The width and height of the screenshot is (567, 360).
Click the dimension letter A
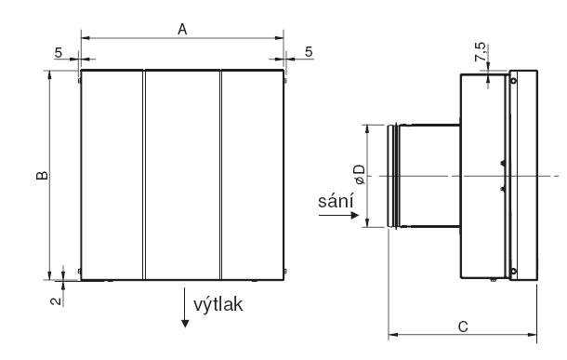click(x=182, y=30)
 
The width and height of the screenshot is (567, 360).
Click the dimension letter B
click(x=42, y=175)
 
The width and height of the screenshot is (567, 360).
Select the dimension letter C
click(x=463, y=327)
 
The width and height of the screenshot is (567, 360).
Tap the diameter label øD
click(x=360, y=174)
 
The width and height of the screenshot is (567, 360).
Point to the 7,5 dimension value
click(x=481, y=52)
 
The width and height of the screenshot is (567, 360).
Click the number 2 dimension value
click(x=56, y=300)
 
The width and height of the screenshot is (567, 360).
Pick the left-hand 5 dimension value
click(x=59, y=53)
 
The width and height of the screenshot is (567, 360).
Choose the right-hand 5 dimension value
click(x=308, y=52)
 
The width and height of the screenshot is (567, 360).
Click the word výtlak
click(x=218, y=304)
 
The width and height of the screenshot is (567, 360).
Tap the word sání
click(x=336, y=201)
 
